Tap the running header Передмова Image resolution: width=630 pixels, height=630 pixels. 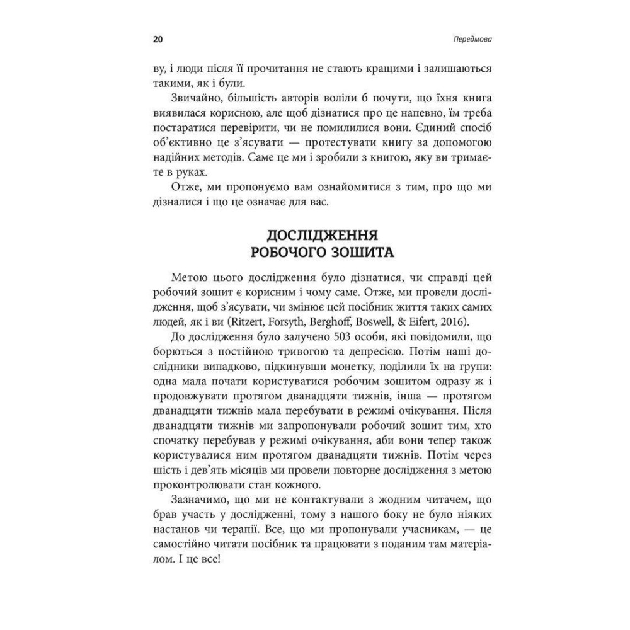pyautogui.click(x=472, y=39)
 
